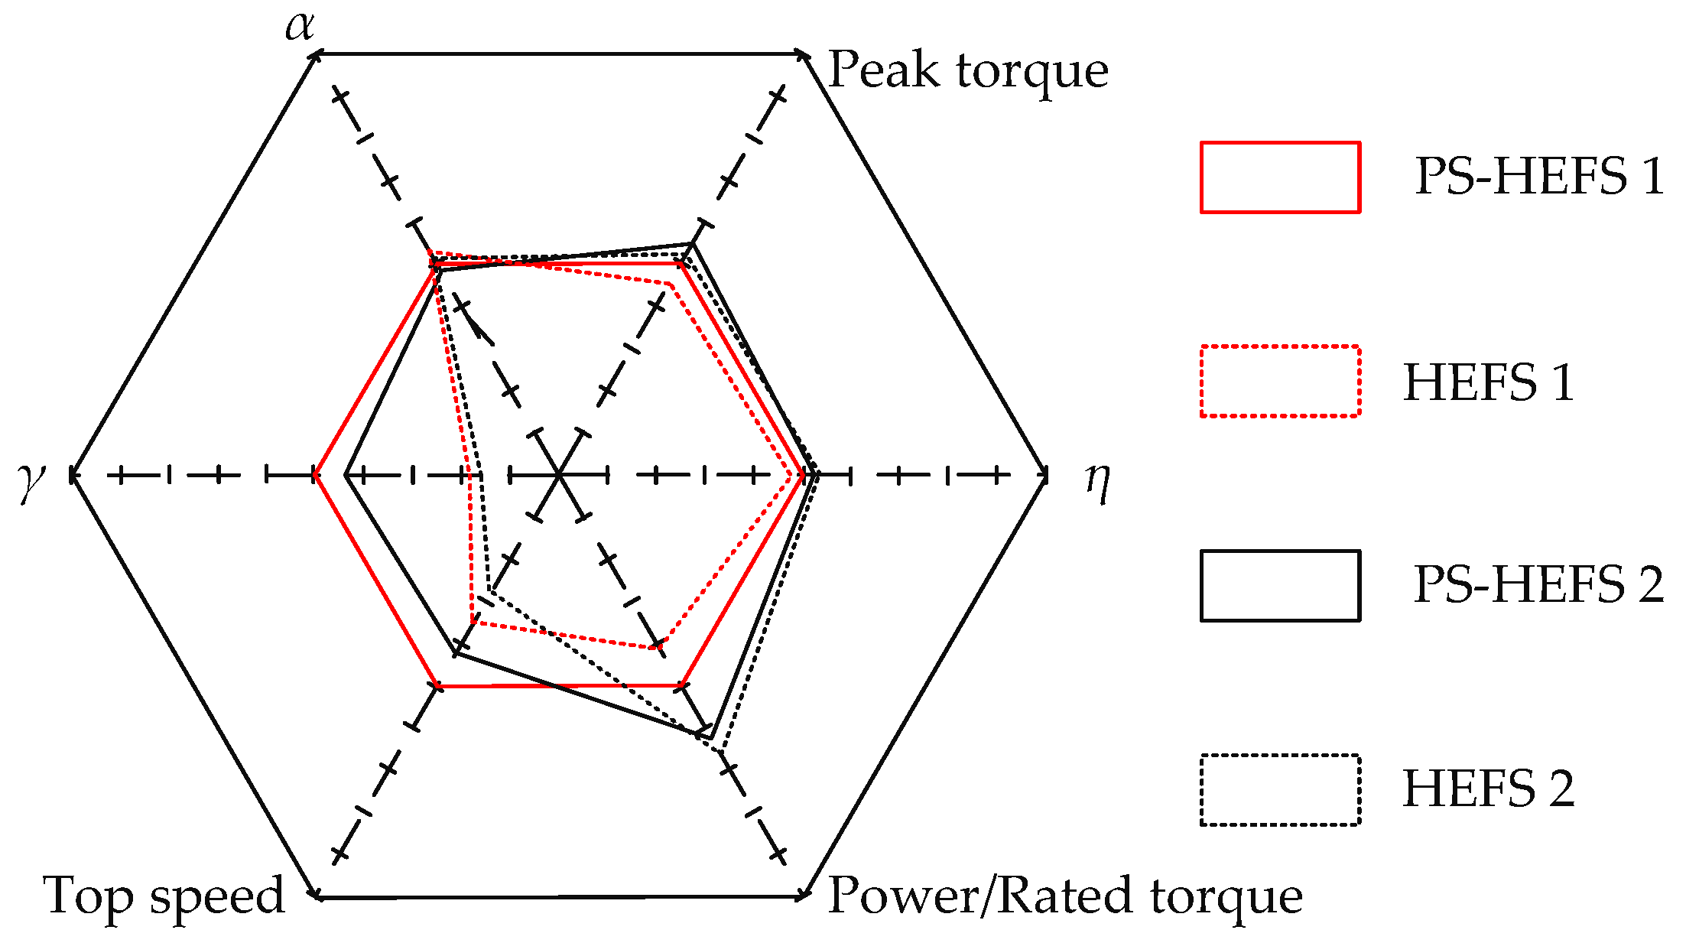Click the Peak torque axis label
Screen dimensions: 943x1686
[968, 70]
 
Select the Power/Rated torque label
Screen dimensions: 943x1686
[1065, 896]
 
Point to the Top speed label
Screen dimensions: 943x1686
[164, 896]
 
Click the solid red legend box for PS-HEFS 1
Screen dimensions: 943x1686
[1280, 177]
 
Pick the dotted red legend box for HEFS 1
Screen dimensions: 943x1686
[1280, 381]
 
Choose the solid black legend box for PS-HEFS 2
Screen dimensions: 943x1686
[1280, 585]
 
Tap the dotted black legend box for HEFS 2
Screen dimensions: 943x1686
[1280, 789]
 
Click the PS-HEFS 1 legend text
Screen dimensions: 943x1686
[1538, 177]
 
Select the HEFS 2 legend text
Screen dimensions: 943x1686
[1488, 789]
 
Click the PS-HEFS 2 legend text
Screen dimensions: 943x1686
[1538, 585]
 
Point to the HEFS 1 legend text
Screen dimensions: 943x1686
[1488, 382]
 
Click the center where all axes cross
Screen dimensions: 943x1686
[559, 476]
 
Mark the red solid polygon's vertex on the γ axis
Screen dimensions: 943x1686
[315, 476]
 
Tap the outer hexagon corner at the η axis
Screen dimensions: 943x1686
[1046, 476]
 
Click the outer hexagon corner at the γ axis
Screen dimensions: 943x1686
[71, 476]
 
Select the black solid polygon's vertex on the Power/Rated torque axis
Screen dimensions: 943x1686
[710, 738]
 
